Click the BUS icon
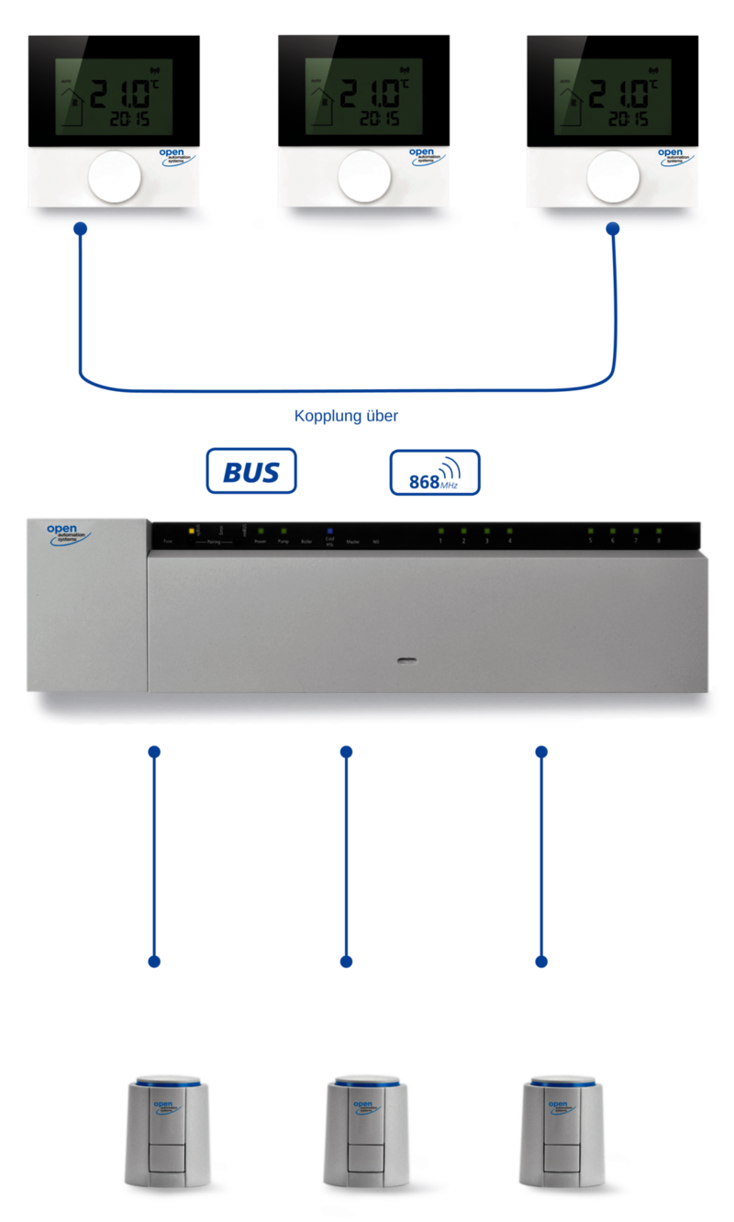pos(251,471)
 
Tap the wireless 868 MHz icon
pos(435,472)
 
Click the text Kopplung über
pos(347,416)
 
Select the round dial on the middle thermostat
pos(364,177)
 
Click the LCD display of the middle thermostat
pos(364,96)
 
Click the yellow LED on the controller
pos(193,531)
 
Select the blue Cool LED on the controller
pos(329,531)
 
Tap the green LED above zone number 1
pos(440,531)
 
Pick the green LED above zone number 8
pos(658,531)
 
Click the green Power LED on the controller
pos(261,531)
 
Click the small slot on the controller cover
pos(404,659)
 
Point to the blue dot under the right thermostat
pos(613,228)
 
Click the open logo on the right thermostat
pos(671,156)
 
